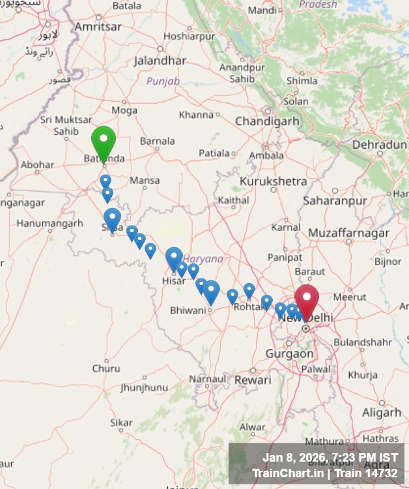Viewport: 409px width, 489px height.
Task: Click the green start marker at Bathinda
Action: pos(104,140)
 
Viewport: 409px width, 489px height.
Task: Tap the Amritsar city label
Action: pos(98,27)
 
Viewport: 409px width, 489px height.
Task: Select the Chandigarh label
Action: pos(267,121)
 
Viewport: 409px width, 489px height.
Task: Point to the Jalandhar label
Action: pos(160,61)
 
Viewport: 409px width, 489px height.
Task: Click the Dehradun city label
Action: pos(379,145)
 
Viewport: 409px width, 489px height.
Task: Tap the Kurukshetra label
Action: pos(272,181)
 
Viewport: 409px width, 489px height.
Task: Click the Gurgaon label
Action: pos(289,354)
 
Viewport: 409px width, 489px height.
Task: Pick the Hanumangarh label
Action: pos(50,224)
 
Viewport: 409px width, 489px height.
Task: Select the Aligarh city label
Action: pos(382,413)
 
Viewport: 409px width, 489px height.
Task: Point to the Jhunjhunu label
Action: pos(144,387)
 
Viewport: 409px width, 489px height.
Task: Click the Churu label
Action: pos(106,368)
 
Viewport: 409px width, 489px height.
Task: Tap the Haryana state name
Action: pos(203,259)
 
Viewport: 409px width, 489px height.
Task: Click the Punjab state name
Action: pos(163,81)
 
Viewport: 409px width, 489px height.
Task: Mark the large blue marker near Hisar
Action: pos(174,257)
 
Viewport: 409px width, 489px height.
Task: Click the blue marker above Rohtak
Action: pos(249,289)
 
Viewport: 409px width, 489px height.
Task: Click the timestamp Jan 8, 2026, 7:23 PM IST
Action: pos(330,457)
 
